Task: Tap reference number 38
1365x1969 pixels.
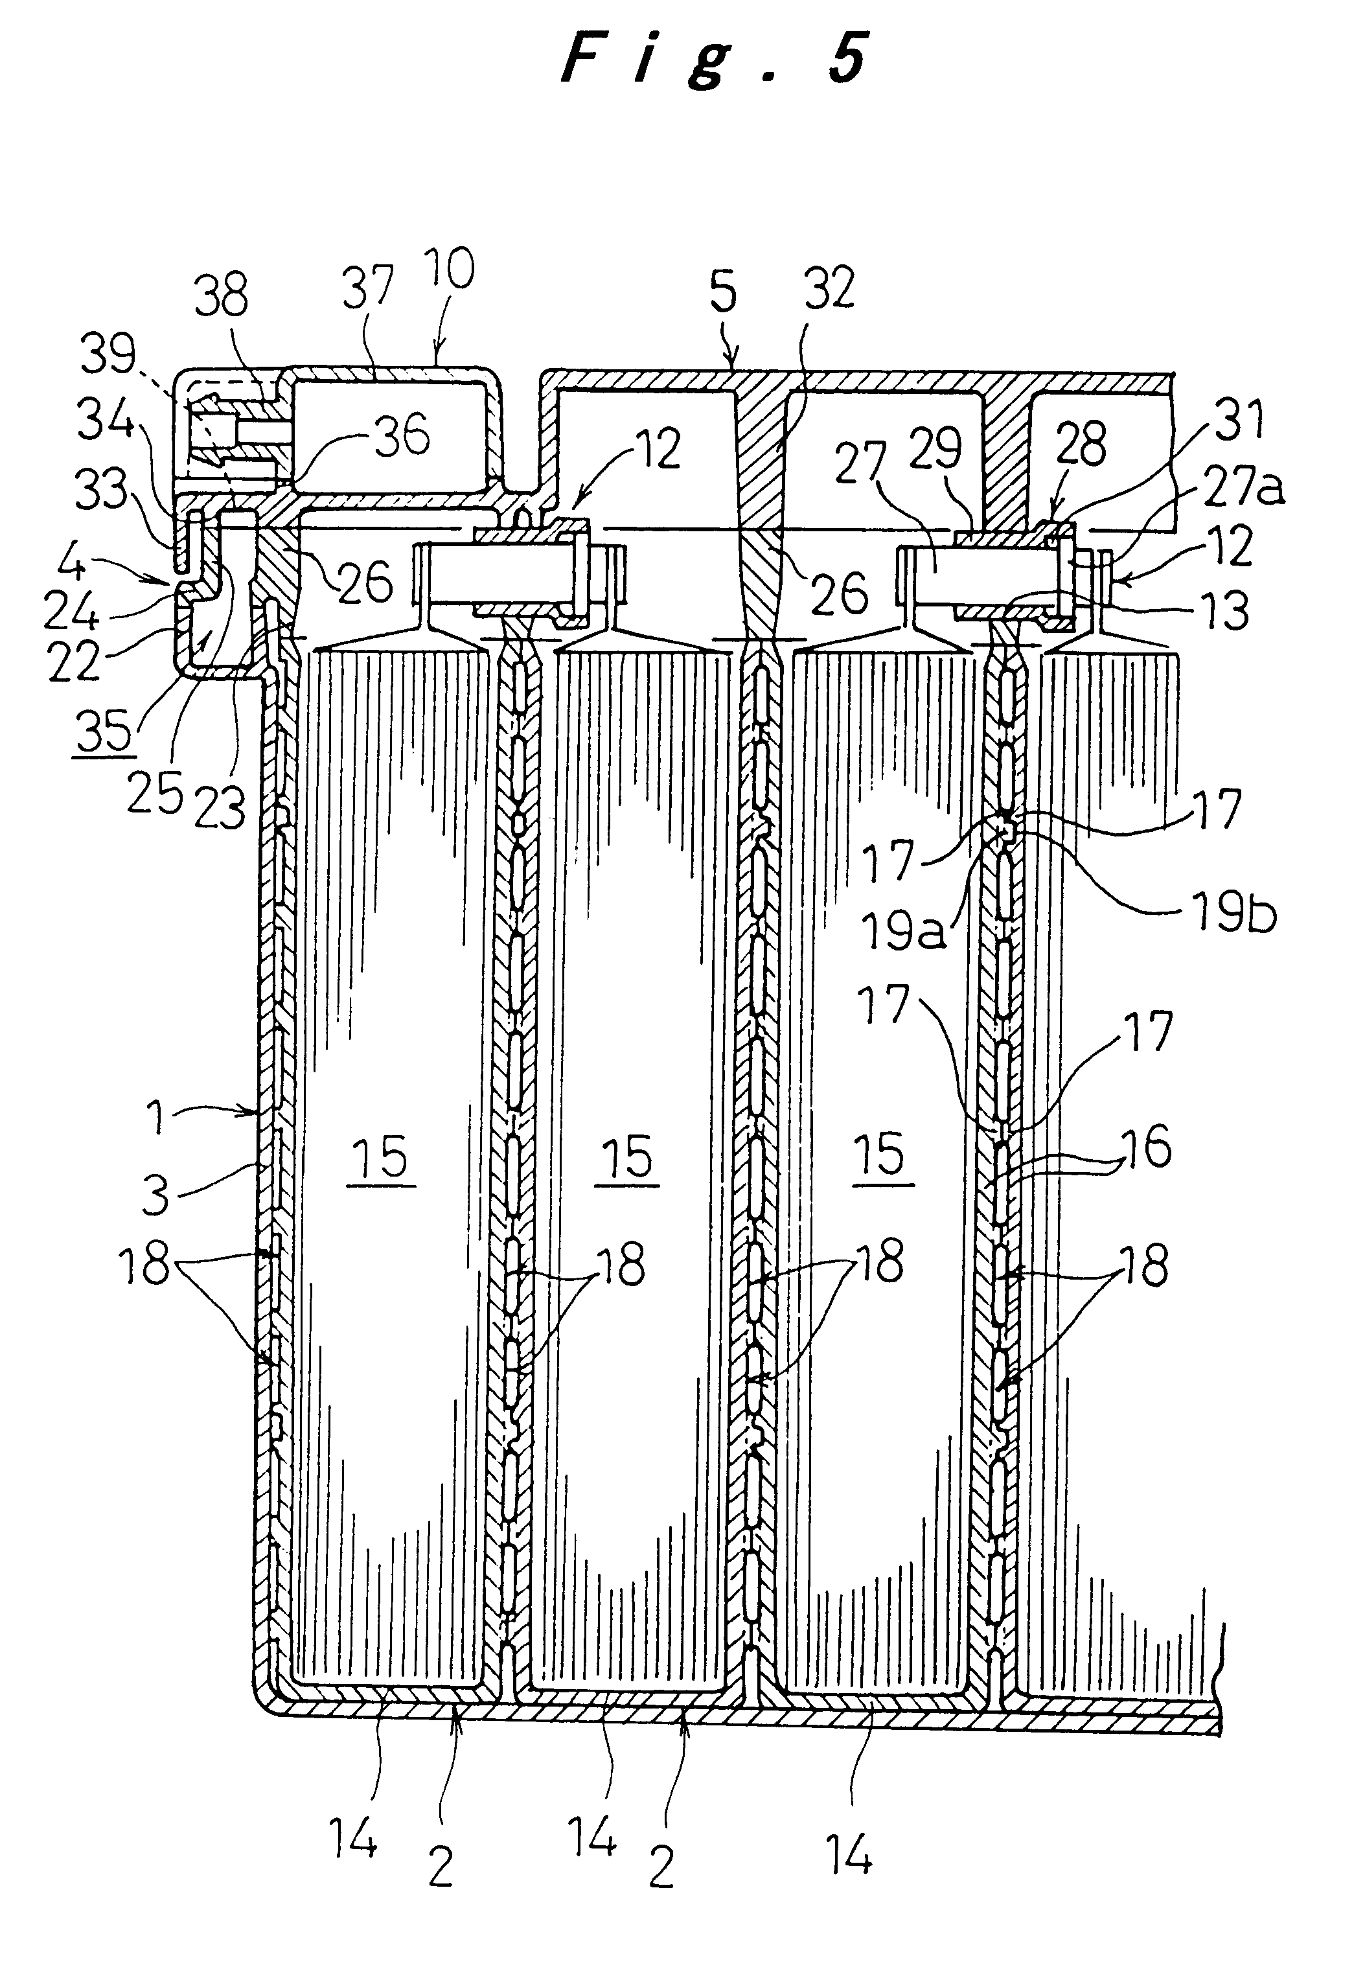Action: point(221,295)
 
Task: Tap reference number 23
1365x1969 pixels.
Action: point(220,807)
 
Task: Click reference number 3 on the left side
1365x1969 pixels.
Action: point(155,1193)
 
